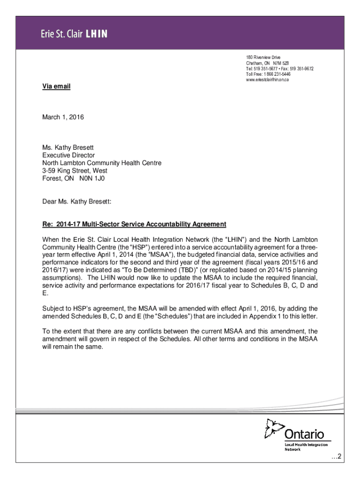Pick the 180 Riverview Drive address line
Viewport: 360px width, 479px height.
pos(263,57)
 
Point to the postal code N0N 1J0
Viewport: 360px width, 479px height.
pos(95,178)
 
